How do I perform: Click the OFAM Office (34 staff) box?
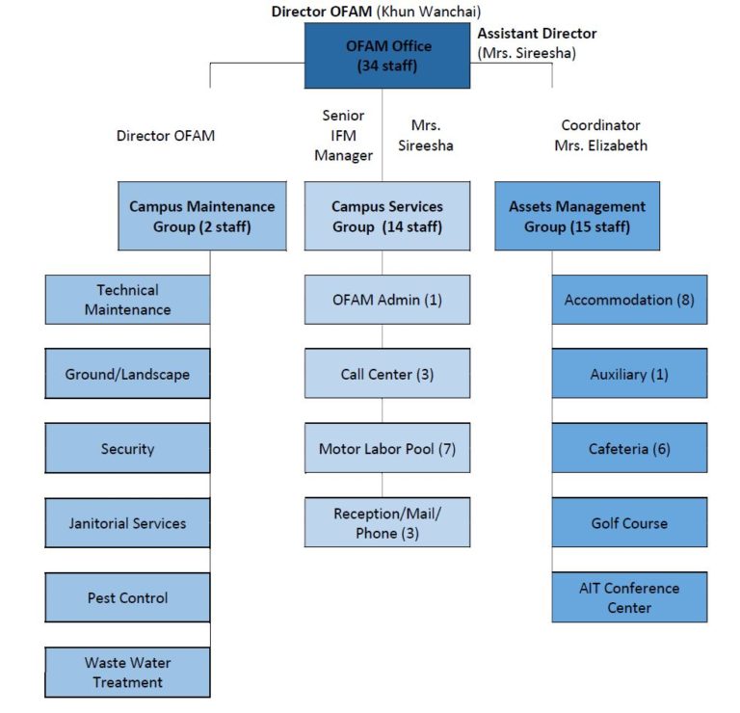[x=388, y=56]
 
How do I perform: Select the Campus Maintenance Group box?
[x=202, y=216]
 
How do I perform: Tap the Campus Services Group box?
[x=387, y=216]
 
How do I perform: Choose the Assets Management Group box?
[x=577, y=216]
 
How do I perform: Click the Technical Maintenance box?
[x=127, y=300]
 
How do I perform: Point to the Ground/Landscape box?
[x=127, y=374]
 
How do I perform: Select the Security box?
[x=127, y=448]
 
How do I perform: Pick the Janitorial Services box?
[x=127, y=523]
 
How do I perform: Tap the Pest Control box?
[x=127, y=597]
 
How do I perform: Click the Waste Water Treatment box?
[x=127, y=672]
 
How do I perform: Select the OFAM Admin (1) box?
[x=387, y=300]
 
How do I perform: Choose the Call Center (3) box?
[x=387, y=374]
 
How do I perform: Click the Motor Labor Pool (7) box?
[x=387, y=448]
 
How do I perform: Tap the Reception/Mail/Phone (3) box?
[x=387, y=523]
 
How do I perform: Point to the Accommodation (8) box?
[x=629, y=300]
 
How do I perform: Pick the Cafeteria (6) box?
[x=629, y=448]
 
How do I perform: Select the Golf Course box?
[x=629, y=523]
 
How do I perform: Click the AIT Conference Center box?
[x=629, y=597]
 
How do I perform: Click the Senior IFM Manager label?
[x=343, y=136]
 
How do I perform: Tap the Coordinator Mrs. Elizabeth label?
[x=600, y=136]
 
